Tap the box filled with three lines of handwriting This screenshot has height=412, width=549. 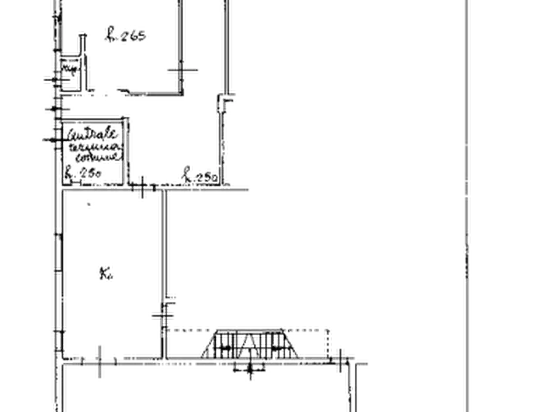pyautogui.click(x=92, y=149)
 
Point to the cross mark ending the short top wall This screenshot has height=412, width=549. pyautogui.click(x=180, y=74)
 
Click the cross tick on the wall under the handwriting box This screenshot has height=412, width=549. pyautogui.click(x=142, y=188)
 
